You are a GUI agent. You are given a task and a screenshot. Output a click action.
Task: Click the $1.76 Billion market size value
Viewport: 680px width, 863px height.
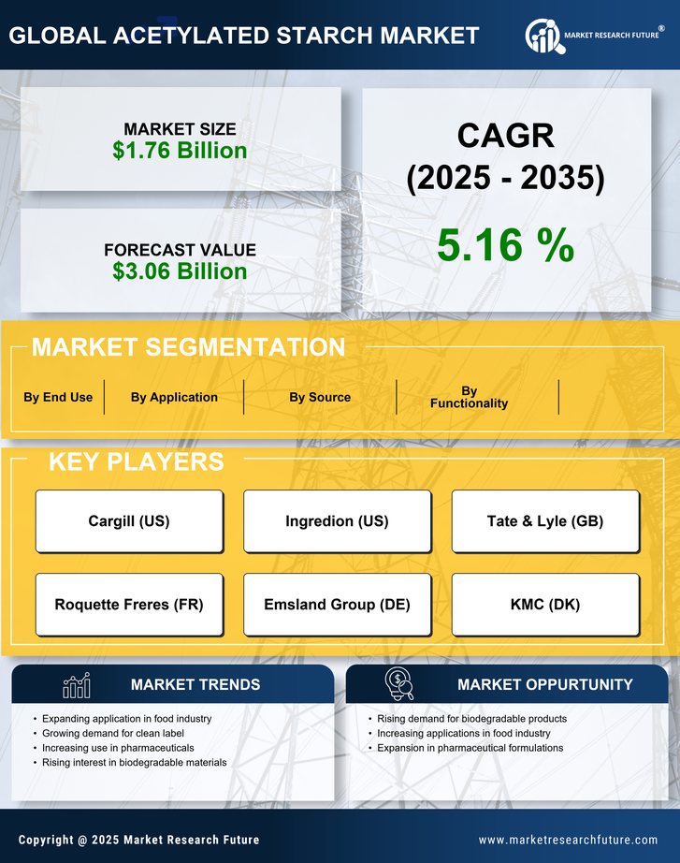coord(180,151)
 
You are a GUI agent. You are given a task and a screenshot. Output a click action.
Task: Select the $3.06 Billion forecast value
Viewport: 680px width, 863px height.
coord(180,271)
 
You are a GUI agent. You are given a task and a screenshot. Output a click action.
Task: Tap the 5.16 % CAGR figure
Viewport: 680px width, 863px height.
coord(505,245)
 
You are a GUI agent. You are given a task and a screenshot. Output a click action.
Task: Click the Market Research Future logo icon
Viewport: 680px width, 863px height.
coord(543,36)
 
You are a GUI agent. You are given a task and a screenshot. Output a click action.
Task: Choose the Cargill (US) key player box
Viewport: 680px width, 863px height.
coord(129,521)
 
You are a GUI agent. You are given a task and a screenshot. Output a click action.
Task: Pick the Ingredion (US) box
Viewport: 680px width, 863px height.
coord(337,521)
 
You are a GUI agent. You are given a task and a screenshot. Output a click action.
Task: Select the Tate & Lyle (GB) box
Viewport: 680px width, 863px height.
coord(545,521)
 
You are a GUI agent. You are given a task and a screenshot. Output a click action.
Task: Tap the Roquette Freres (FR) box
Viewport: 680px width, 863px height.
coord(129,605)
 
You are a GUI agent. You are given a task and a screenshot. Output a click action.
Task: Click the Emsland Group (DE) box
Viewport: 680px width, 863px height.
coord(337,605)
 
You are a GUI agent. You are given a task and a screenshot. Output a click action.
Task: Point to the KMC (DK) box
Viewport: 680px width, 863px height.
coord(545,605)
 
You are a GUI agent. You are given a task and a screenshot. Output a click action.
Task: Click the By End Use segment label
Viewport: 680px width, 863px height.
coord(58,397)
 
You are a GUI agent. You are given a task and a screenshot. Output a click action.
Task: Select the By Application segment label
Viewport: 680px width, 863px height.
coord(174,397)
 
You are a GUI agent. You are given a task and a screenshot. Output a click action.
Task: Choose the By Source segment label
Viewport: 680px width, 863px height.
coord(320,397)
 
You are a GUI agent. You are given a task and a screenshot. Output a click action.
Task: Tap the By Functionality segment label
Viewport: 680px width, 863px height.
coord(469,397)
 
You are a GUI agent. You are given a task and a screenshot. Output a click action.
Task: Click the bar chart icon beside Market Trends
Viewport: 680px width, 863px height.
coord(77,685)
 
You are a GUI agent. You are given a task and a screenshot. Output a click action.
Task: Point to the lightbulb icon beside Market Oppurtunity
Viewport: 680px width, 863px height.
coord(398,684)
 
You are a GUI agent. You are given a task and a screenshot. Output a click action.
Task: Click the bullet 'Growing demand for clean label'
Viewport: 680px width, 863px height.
coord(113,734)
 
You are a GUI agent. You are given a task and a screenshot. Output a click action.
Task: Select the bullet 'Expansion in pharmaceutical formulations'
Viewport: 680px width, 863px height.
coord(470,748)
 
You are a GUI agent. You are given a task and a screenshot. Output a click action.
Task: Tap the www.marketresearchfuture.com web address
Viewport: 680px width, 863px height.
coord(568,840)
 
